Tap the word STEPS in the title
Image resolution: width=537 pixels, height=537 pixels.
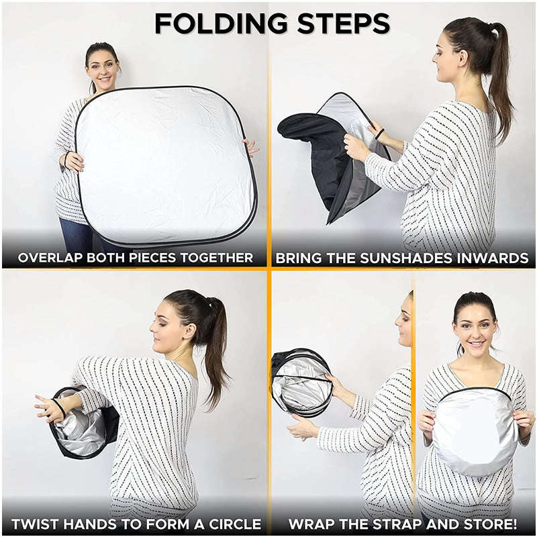click(344, 23)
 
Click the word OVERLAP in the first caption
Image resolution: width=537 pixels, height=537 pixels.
click(50, 258)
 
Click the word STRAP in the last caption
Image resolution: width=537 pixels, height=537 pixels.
click(397, 524)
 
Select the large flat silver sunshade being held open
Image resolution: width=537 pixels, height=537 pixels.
click(165, 166)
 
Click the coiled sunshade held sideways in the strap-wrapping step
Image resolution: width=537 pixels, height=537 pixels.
click(301, 383)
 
